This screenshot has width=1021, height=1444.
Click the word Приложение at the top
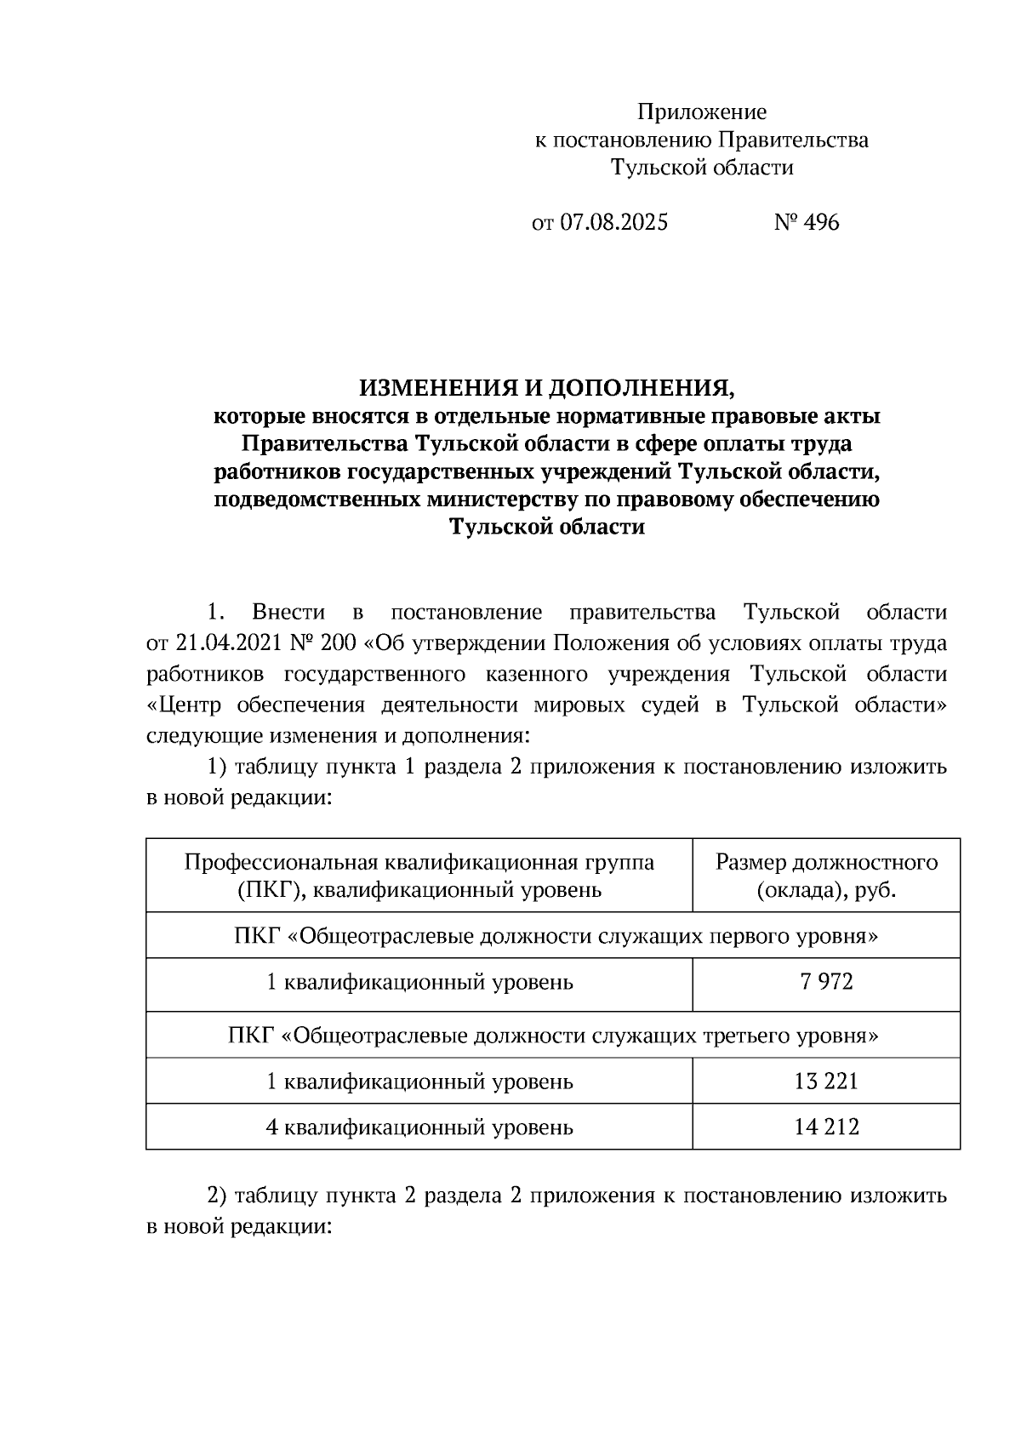tap(702, 112)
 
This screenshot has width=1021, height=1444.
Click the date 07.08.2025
tap(613, 223)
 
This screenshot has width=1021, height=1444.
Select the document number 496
tap(820, 223)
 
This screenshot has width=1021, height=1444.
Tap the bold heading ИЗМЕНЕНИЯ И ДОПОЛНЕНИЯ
tap(545, 389)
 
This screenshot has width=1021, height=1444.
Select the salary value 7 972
tap(826, 983)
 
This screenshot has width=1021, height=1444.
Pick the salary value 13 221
tap(826, 1082)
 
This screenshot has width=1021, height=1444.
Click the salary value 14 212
tap(826, 1127)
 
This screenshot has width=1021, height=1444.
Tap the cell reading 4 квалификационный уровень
tap(419, 1128)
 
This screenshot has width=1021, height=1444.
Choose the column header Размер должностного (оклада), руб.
tap(826, 876)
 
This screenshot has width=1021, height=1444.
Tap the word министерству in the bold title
tap(488, 499)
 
